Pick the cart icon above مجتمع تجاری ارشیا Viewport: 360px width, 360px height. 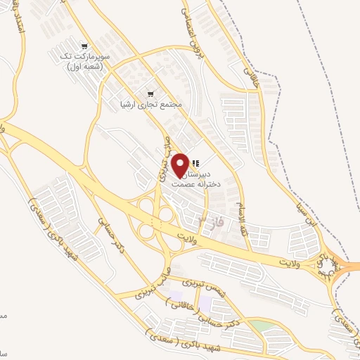(x=150, y=94)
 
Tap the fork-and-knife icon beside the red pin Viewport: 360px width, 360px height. (x=195, y=163)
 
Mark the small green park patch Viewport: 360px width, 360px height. (x=261, y=328)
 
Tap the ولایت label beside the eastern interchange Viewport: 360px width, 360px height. (x=299, y=262)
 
